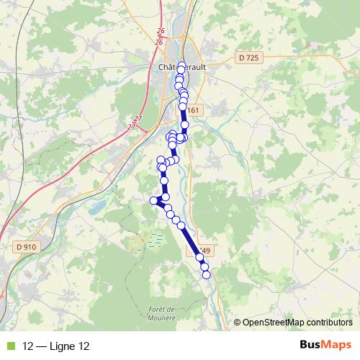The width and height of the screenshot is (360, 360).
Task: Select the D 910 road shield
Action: click(x=25, y=247)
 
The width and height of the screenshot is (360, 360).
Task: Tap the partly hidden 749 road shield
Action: click(x=207, y=251)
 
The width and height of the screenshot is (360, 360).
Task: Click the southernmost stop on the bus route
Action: click(x=206, y=274)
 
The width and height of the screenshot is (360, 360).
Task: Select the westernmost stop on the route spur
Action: click(x=153, y=200)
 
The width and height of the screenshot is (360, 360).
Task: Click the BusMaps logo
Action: click(x=326, y=346)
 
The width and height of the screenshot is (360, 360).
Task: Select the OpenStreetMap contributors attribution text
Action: click(x=297, y=323)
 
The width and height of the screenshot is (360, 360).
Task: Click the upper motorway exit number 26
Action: click(x=159, y=32)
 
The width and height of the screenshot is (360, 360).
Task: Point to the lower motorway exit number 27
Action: click(x=132, y=127)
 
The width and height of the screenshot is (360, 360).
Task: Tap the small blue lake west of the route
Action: click(x=96, y=208)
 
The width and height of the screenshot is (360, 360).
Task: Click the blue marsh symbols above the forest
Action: click(x=154, y=240)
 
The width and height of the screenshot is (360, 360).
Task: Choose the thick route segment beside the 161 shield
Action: click(x=183, y=113)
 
